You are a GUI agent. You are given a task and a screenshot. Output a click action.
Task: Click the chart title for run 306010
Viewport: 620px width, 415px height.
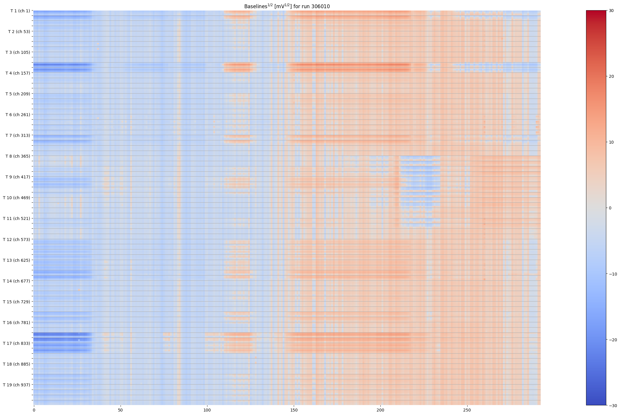[x=287, y=6]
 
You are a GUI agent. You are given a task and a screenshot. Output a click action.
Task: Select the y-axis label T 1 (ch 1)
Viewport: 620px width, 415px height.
[x=20, y=11]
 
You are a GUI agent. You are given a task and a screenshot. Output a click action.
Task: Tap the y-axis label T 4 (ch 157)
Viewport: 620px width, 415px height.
[x=18, y=73]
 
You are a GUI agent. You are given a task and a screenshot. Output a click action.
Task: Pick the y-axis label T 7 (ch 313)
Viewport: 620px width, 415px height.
[x=18, y=135]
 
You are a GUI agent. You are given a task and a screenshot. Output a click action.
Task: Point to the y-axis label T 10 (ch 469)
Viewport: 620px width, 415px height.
[x=16, y=198]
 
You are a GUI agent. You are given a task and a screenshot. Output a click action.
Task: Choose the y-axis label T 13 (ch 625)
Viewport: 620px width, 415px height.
[x=16, y=260]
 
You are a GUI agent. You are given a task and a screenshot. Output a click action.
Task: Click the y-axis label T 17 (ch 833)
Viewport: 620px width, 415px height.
[x=16, y=343]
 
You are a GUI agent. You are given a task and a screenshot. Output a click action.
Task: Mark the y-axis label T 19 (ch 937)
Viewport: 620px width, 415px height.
[x=16, y=385]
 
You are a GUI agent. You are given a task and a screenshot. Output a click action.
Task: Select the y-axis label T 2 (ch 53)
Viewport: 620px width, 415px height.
[x=19, y=32]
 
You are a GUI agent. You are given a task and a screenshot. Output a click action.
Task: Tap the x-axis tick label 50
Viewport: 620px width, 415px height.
[x=120, y=410]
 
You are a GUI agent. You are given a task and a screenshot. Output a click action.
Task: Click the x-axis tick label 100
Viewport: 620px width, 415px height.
[x=207, y=410]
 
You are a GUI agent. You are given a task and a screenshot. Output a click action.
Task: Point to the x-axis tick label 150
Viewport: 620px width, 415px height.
[x=294, y=410]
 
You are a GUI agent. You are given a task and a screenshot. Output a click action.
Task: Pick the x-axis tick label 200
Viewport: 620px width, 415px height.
[x=380, y=410]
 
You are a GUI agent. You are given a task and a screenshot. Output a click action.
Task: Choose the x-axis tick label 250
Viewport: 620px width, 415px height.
[x=467, y=410]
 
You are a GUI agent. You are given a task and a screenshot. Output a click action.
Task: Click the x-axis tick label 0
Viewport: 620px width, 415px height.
[x=34, y=410]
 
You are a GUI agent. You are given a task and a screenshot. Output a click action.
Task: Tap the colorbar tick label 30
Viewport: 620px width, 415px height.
[x=611, y=11]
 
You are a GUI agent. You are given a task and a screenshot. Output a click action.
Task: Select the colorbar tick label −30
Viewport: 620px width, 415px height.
[x=613, y=406]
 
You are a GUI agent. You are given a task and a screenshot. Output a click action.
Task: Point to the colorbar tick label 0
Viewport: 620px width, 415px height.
[x=610, y=208]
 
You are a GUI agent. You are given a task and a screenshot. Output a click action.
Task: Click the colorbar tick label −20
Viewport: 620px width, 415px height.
[x=613, y=340]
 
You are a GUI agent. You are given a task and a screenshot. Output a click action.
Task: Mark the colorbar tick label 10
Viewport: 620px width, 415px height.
[x=611, y=142]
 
